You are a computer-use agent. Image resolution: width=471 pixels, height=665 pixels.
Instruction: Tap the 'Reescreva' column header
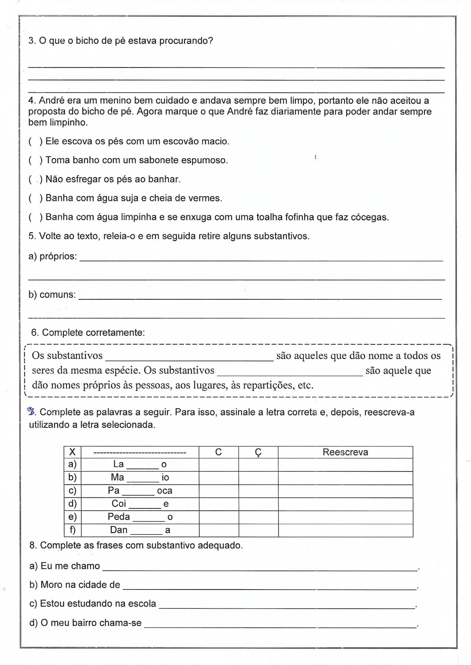pyautogui.click(x=345, y=452)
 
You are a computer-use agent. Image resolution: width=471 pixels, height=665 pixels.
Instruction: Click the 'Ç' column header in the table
pyautogui.click(x=258, y=452)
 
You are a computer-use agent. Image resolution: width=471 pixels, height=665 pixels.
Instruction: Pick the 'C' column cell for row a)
pyautogui.click(x=219, y=465)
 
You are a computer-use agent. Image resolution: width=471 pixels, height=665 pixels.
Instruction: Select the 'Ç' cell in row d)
pyautogui.click(x=258, y=504)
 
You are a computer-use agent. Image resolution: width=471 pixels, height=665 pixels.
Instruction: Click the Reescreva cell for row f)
pyautogui.click(x=345, y=530)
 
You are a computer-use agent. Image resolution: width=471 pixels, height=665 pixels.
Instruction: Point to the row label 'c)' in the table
pyautogui.click(x=72, y=491)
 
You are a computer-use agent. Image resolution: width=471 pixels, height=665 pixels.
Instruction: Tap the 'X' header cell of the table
pyautogui.click(x=72, y=452)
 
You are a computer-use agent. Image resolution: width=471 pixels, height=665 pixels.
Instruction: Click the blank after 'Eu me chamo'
pyautogui.click(x=260, y=568)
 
